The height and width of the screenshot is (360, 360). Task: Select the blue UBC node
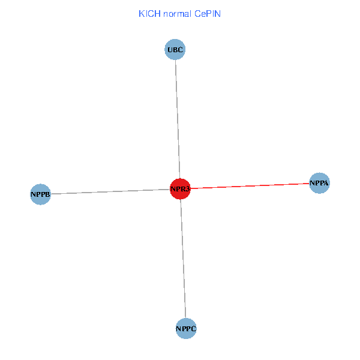click(175, 50)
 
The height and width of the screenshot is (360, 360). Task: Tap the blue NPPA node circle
click(320, 182)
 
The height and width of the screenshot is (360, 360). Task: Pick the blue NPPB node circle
click(40, 194)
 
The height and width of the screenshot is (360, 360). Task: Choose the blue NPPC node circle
click(186, 328)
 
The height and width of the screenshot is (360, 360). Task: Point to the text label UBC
click(175, 50)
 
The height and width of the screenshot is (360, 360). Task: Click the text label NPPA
click(320, 182)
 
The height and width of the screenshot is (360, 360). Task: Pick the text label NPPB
click(40, 194)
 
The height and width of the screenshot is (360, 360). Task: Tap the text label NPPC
click(186, 329)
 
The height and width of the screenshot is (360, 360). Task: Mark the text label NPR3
click(180, 189)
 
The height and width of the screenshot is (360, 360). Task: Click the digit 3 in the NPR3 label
click(187, 189)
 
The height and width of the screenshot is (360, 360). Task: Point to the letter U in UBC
click(170, 50)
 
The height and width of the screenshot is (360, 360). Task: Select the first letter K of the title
click(142, 13)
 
